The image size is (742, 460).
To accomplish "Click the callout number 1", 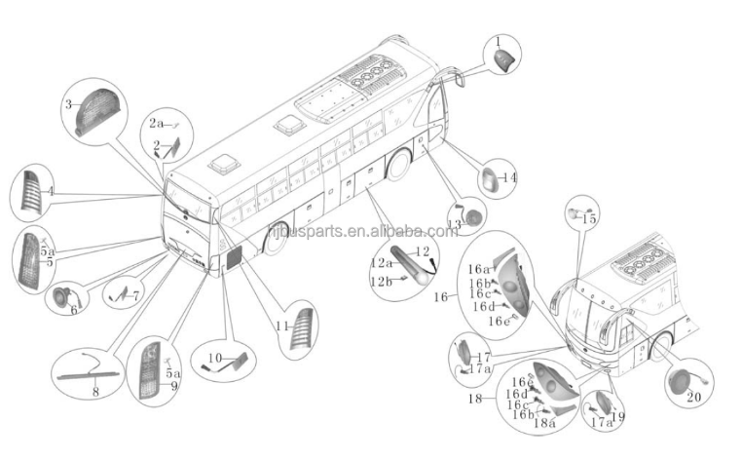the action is point(499,43).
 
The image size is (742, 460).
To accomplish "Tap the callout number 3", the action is point(69,103).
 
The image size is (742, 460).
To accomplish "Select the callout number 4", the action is point(51,193).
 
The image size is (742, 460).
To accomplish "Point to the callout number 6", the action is point(74,310).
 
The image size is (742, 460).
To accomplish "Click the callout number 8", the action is point(95,392).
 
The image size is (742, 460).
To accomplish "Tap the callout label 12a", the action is point(382,263).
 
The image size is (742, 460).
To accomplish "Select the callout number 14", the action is point(510,178).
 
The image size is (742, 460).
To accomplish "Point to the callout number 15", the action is point(588,220).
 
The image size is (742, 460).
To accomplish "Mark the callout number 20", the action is point(693,397).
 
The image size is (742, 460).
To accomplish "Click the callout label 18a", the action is point(545,423).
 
